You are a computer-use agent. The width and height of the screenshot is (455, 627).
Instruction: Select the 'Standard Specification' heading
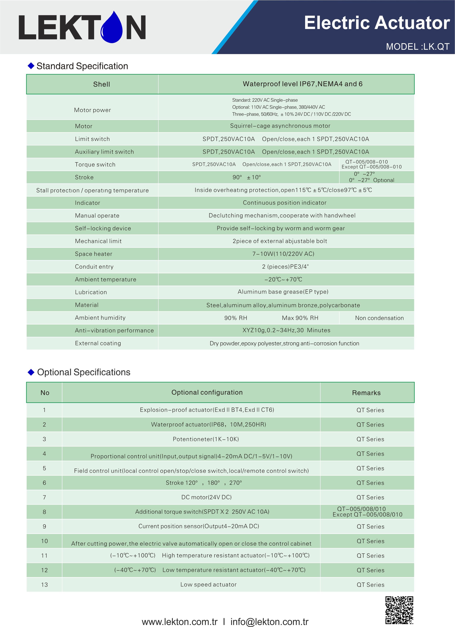[x=82, y=66]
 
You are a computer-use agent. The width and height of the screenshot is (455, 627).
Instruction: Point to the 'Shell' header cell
[x=101, y=84]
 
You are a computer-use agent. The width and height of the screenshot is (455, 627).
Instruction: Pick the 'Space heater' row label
[x=93, y=254]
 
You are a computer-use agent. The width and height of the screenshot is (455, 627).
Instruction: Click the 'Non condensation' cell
[x=379, y=318]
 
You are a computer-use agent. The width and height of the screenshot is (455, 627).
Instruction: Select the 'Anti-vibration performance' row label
[x=114, y=330]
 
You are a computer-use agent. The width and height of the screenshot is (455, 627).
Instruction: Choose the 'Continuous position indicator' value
[x=285, y=203]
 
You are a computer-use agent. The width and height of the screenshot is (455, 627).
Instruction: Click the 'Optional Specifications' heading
[x=83, y=372]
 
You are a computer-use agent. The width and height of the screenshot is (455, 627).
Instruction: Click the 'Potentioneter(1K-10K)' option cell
[x=205, y=439]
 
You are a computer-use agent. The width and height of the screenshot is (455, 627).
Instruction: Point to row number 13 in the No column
[x=44, y=585]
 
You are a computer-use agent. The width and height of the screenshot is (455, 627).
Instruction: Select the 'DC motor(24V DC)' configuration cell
[x=206, y=497]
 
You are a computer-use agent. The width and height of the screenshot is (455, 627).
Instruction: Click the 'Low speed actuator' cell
[x=208, y=584]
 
